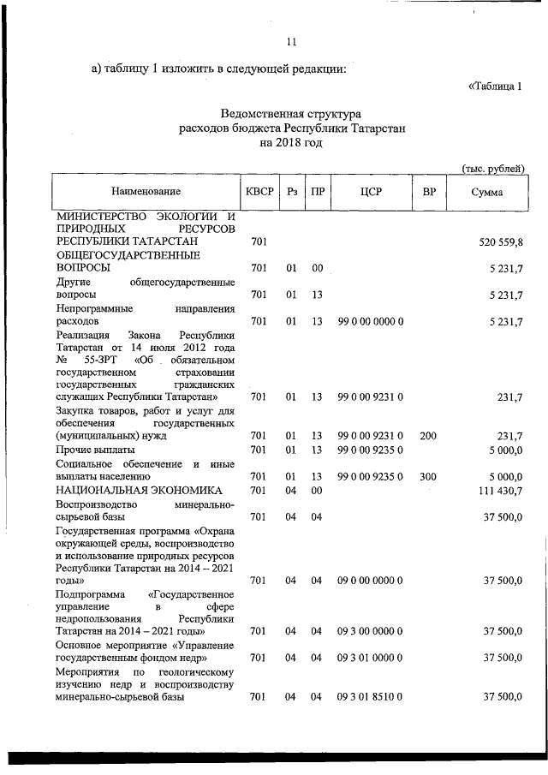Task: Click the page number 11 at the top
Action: pos(291,42)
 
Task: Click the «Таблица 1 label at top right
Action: pos(495,86)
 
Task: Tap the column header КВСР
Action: pos(259,192)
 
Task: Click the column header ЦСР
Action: pos(371,192)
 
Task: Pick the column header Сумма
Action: pos(486,193)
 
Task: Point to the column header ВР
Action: pos(429,192)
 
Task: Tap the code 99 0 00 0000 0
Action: pos(370,321)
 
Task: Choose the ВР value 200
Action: pos(429,436)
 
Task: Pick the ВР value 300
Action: pos(429,476)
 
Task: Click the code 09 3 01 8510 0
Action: pos(370,696)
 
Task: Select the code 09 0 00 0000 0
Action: pos(370,581)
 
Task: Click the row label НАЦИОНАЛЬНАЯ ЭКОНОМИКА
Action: pos(139,490)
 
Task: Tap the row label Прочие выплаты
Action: pos(95,450)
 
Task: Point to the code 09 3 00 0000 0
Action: pos(370,631)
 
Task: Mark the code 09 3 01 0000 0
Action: pos(370,658)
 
